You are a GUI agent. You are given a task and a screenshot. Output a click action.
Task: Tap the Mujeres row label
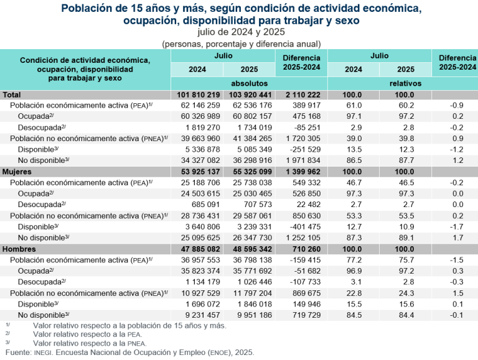19,171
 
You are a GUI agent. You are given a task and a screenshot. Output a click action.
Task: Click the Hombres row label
20,249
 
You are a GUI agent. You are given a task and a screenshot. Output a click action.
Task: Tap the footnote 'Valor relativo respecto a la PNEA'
90,343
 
